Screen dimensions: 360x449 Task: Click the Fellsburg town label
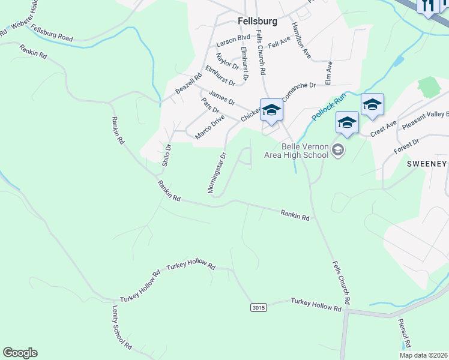point(258,21)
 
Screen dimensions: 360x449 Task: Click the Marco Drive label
point(209,128)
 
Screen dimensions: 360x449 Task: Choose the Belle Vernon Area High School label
point(297,150)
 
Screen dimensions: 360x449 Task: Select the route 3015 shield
point(258,308)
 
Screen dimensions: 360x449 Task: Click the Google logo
point(20,353)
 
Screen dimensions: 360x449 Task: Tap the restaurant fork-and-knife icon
point(428,5)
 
